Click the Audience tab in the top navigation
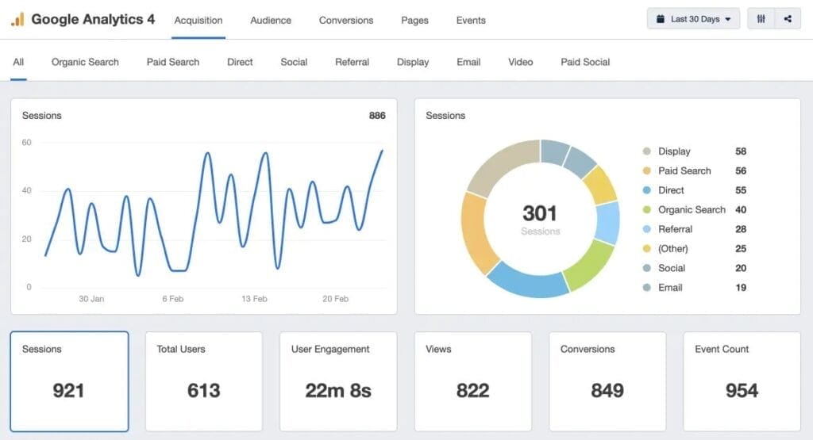click(271, 20)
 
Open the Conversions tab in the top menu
click(346, 20)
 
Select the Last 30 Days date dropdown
click(693, 19)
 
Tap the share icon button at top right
click(788, 19)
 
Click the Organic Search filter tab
click(85, 62)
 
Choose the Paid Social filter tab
click(585, 62)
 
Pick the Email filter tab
click(468, 62)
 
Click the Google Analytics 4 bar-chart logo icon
click(17, 19)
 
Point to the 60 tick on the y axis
click(27, 143)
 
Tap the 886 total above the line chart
click(377, 116)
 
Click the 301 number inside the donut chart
click(540, 213)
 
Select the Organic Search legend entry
click(692, 210)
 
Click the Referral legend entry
click(675, 229)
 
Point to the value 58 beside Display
click(741, 151)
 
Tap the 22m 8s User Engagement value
click(338, 390)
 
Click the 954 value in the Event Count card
click(742, 390)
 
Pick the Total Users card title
click(181, 349)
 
